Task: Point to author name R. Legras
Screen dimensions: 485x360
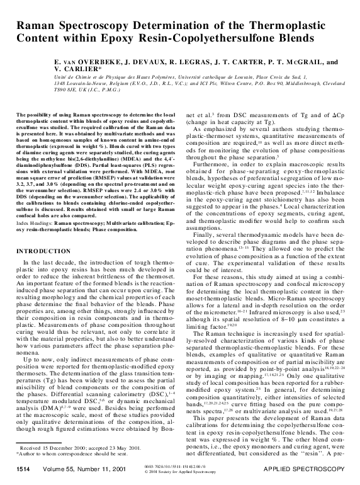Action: click(187, 64)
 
